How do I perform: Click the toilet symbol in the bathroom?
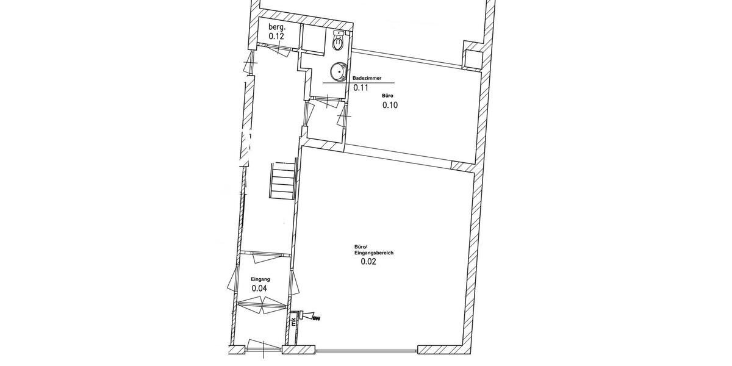(x=338, y=43)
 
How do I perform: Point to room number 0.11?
(x=362, y=88)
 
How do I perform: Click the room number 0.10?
(x=390, y=105)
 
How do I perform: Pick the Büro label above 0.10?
(x=387, y=96)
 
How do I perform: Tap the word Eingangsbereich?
(x=370, y=252)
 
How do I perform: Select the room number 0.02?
(x=368, y=262)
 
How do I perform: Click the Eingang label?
(x=260, y=279)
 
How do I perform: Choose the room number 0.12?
(x=278, y=37)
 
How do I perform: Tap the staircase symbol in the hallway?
(x=283, y=181)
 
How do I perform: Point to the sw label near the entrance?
(x=316, y=317)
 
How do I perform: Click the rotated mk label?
(x=293, y=321)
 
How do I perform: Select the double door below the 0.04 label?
(x=261, y=304)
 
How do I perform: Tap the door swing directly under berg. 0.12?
(x=280, y=52)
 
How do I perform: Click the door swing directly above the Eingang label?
(x=262, y=254)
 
